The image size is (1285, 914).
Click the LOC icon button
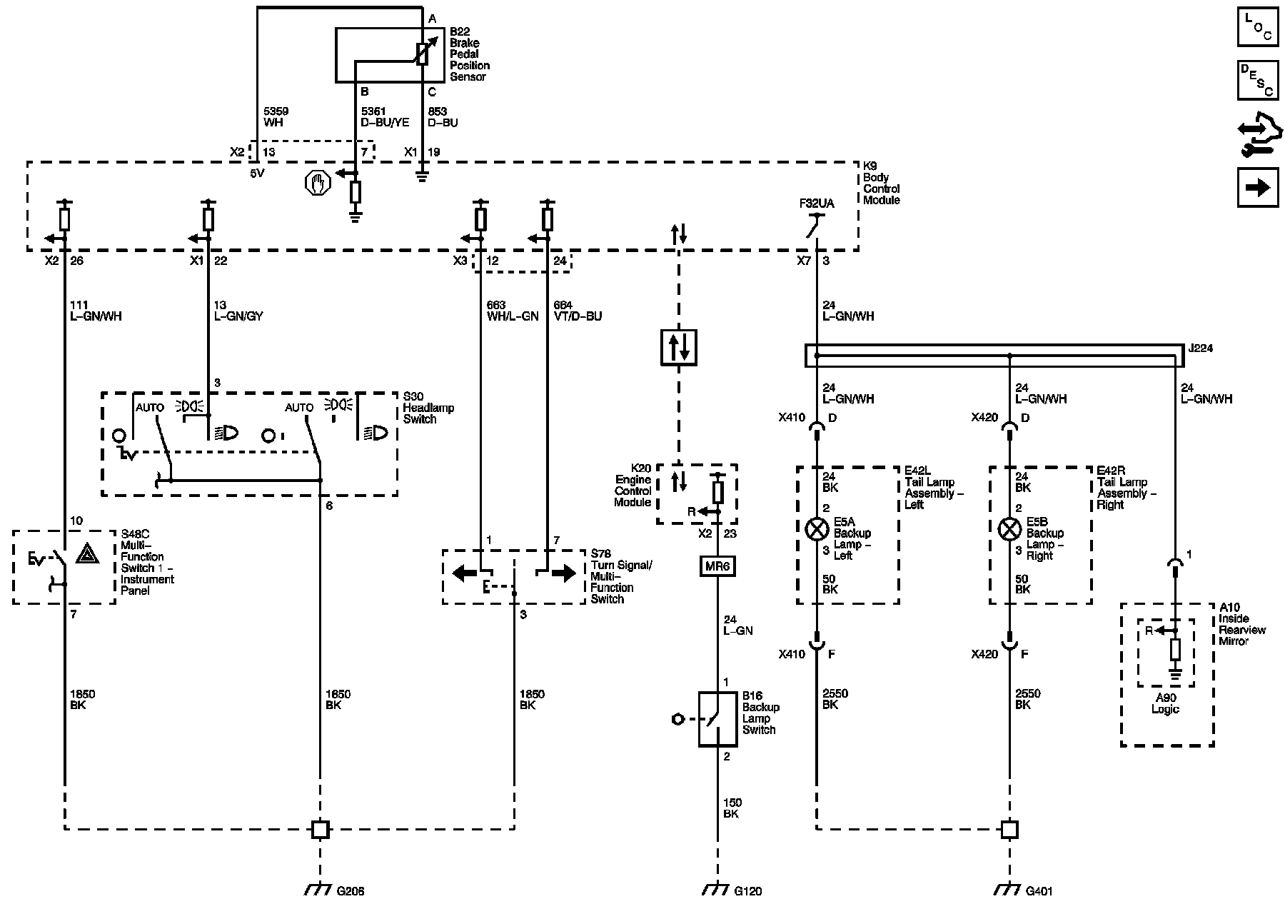[x=1257, y=26]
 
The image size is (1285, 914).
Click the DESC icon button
[x=1257, y=79]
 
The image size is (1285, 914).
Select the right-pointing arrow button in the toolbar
[x=1257, y=187]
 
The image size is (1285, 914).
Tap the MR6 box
[x=717, y=566]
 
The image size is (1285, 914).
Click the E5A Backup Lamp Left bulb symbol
[x=816, y=529]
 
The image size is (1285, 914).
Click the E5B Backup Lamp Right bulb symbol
[x=1009, y=529]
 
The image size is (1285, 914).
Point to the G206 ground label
[x=351, y=890]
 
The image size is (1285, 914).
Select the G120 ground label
[x=749, y=890]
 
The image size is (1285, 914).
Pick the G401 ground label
[x=1039, y=890]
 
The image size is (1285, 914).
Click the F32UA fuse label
[x=817, y=204]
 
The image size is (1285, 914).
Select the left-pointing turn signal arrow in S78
[x=465, y=573]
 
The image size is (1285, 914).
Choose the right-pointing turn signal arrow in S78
[x=563, y=573]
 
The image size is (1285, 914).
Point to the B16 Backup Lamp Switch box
[x=717, y=719]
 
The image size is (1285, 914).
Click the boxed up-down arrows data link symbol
[x=678, y=347]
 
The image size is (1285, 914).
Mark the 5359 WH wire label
[x=276, y=117]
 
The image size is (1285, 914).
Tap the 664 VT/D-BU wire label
[x=578, y=311]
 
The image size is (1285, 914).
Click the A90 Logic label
[x=1165, y=703]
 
